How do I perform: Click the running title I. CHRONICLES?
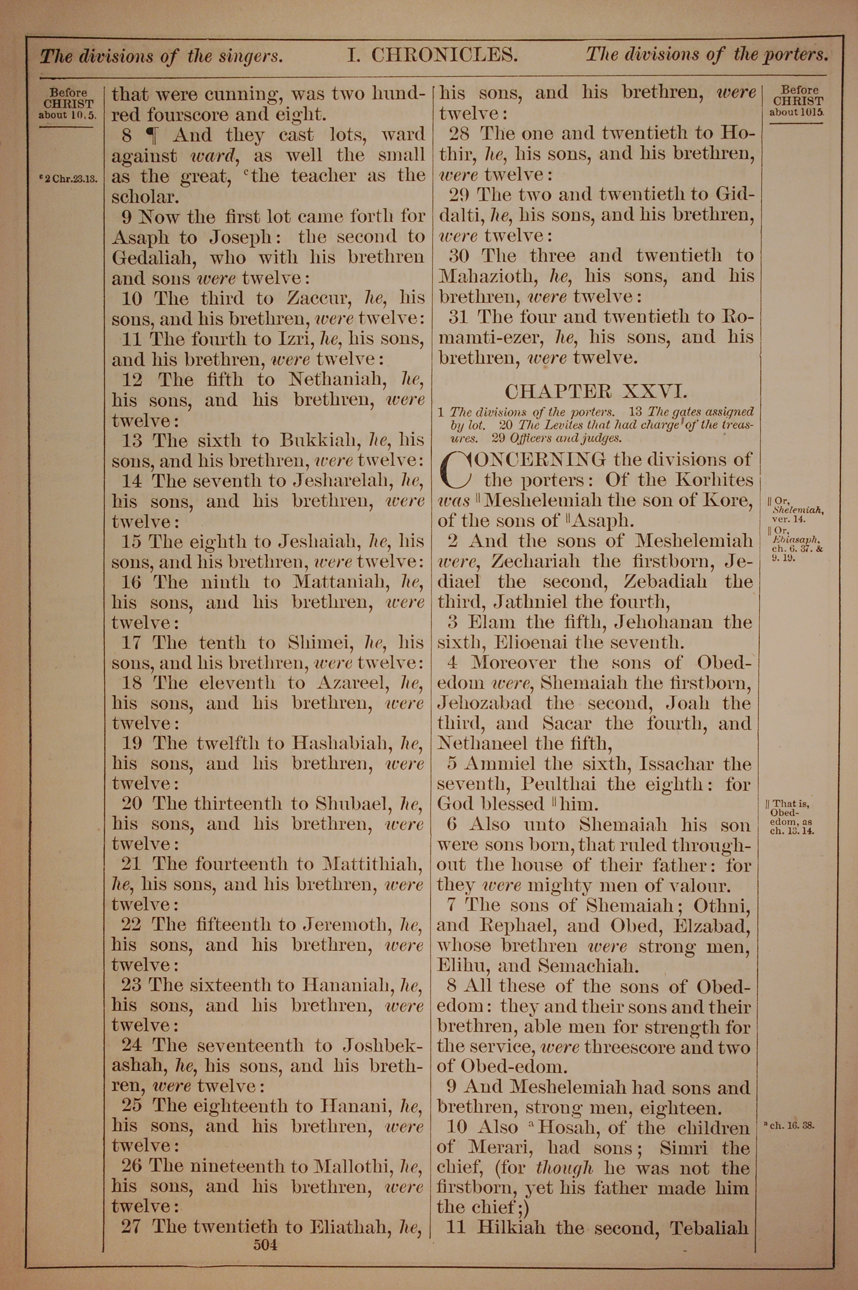click(x=432, y=55)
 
